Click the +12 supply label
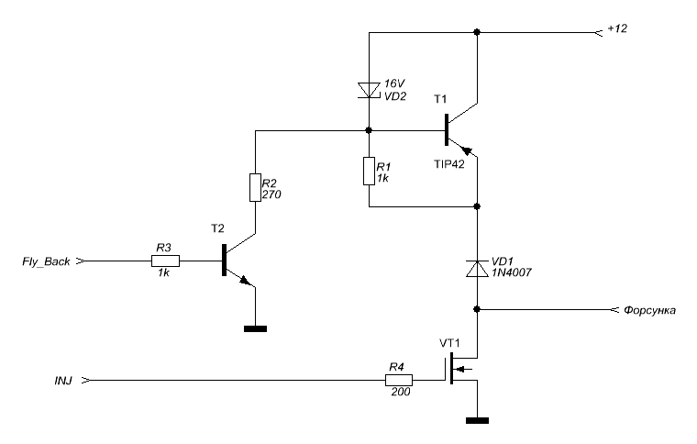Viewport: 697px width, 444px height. click(617, 28)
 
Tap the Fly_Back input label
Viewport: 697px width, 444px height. click(46, 261)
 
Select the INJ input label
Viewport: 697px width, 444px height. click(63, 381)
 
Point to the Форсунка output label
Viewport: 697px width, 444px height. click(649, 310)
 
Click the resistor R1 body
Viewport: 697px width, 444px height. click(369, 171)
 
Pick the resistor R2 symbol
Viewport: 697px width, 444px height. click(255, 187)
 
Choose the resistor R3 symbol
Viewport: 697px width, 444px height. click(165, 261)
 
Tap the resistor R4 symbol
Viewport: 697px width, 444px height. click(399, 380)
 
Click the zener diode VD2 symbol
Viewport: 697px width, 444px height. click(369, 90)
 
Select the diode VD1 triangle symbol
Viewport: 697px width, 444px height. click(477, 269)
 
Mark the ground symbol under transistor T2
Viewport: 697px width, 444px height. click(255, 329)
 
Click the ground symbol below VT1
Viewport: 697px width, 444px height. click(477, 420)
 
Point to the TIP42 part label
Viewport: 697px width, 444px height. click(449, 164)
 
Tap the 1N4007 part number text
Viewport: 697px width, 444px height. click(511, 272)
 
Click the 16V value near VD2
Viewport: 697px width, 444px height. click(394, 83)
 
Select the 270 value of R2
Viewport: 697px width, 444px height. click(271, 194)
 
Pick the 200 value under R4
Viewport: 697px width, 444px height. click(401, 392)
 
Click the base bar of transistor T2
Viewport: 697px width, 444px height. click(224, 260)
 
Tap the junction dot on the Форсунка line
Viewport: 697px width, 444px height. click(477, 309)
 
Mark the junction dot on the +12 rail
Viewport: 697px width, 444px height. click(477, 32)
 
